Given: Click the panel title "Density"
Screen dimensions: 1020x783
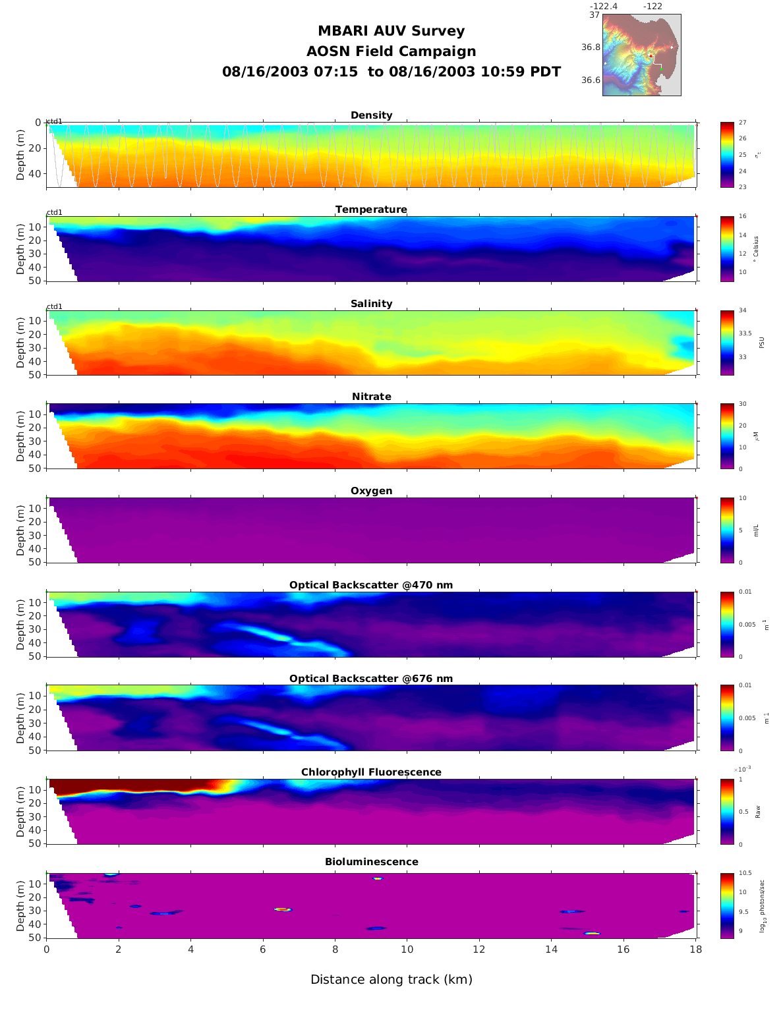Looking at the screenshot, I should click(371, 115).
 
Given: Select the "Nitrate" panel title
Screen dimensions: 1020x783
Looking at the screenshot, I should click(371, 397).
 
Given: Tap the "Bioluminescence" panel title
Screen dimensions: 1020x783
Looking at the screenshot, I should click(371, 862).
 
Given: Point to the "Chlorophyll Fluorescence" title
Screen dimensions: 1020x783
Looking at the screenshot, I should click(371, 772).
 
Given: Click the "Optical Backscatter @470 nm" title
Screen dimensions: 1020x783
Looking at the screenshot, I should click(371, 585).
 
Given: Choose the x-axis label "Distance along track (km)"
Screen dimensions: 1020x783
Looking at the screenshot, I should click(391, 980).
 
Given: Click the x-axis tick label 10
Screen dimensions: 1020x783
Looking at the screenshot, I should click(407, 949).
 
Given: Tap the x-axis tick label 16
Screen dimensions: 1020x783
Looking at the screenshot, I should click(623, 949).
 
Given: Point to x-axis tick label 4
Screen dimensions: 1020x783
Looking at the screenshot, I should click(190, 949).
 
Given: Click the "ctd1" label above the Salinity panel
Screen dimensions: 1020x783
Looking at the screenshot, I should click(54, 306).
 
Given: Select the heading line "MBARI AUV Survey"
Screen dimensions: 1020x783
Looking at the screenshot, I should click(391, 31).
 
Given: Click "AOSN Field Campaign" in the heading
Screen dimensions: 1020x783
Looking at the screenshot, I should click(391, 51).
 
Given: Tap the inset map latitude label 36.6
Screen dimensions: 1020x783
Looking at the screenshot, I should click(591, 80).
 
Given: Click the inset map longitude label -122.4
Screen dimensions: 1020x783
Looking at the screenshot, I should click(603, 7).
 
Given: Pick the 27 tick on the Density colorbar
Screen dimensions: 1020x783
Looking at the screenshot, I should click(742, 123).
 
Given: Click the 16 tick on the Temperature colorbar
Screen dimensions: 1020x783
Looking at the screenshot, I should click(742, 217).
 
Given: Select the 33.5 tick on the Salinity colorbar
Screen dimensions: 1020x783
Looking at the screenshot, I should click(745, 333).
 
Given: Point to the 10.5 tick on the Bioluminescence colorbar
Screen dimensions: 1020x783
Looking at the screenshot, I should click(745, 873).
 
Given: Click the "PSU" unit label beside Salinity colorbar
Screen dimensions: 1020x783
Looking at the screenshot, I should click(761, 343).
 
